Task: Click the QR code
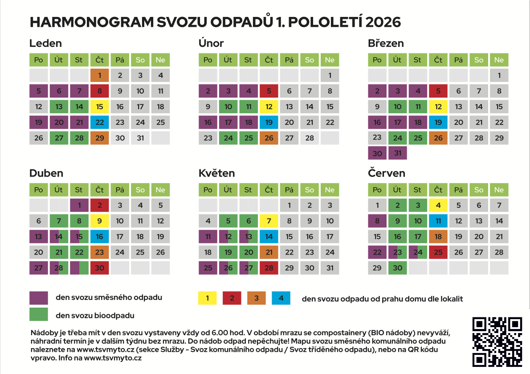[497, 342]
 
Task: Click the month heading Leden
[45, 43]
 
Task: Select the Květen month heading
[216, 173]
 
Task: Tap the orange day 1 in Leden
[100, 75]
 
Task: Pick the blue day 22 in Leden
[100, 122]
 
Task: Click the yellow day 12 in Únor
[269, 107]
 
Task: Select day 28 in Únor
[310, 138]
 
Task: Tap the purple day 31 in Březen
[397, 153]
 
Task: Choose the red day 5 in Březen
[438, 91]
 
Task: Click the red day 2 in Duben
[100, 205]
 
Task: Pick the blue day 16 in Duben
[100, 237]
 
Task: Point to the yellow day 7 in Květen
[269, 221]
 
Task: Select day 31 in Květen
[330, 268]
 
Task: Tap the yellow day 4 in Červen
[438, 205]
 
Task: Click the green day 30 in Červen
[397, 268]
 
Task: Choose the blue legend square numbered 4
[281, 298]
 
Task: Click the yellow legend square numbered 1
[208, 298]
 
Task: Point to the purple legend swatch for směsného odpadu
[38, 298]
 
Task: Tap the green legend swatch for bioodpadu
[38, 315]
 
